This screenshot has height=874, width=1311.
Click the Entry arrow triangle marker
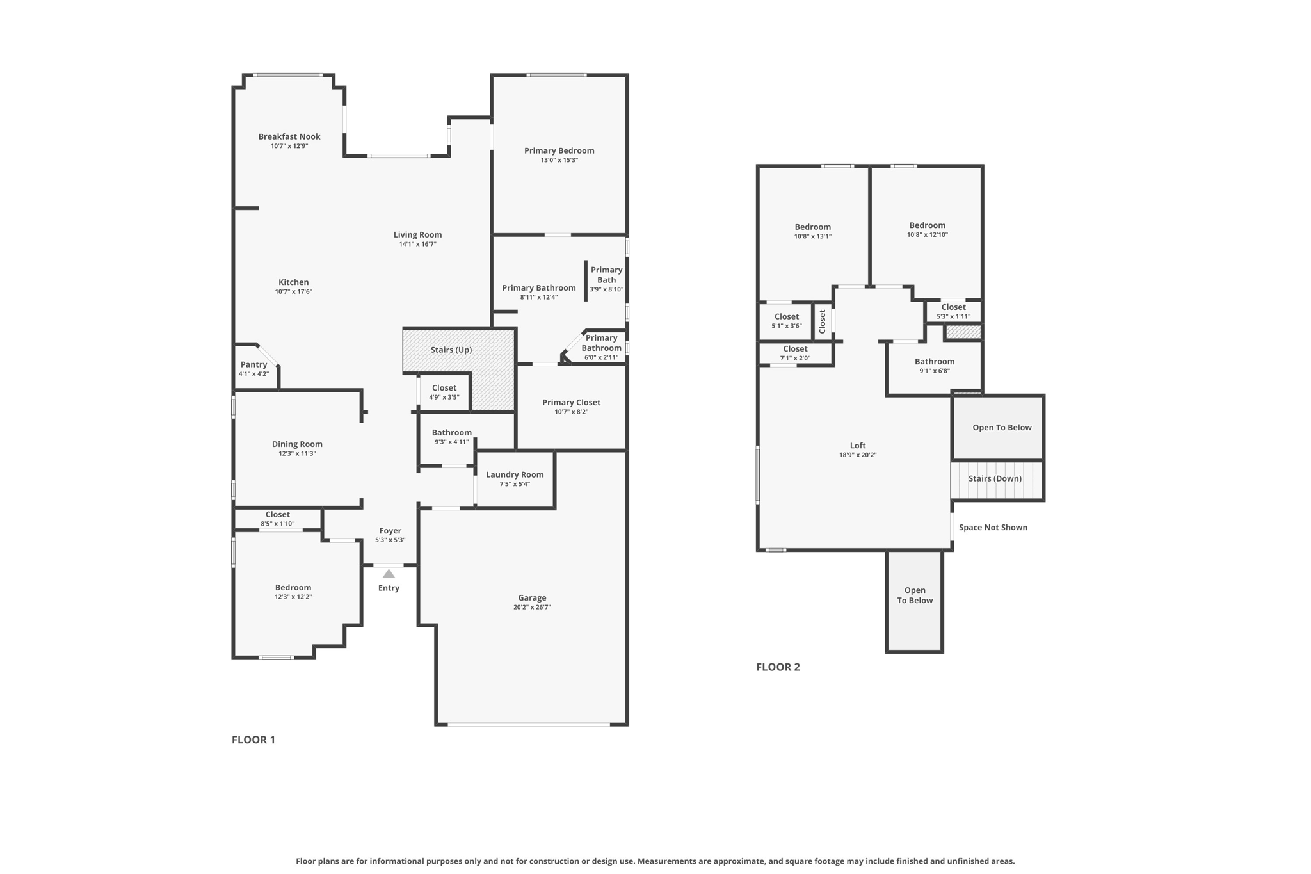click(x=389, y=574)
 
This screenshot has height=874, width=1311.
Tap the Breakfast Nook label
click(x=289, y=136)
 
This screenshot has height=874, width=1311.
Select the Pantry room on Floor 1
click(x=254, y=368)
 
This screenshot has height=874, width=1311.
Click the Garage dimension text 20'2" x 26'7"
click(x=532, y=607)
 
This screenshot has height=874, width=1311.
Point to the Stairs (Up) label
click(x=451, y=350)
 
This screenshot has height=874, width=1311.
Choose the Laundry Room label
click(x=515, y=474)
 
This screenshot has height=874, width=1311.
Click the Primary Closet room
click(x=571, y=407)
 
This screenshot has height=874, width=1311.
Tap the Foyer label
click(x=390, y=530)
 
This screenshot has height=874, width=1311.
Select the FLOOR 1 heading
click(x=253, y=740)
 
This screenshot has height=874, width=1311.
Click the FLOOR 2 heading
click(x=778, y=667)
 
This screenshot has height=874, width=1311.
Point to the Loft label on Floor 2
click(x=858, y=446)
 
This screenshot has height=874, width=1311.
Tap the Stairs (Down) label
click(x=995, y=478)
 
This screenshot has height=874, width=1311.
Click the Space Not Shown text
click(x=993, y=527)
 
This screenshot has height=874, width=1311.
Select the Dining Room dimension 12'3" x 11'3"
click(x=297, y=453)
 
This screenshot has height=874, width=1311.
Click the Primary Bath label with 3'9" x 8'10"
click(x=606, y=279)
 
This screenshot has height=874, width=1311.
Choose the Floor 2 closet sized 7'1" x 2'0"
click(x=795, y=353)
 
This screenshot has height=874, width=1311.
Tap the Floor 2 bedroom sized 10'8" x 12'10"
click(x=927, y=229)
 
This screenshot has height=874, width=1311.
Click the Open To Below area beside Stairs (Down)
click(x=1002, y=427)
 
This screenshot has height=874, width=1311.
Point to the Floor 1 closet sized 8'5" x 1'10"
click(x=277, y=519)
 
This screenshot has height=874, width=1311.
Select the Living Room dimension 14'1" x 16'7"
click(x=417, y=244)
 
